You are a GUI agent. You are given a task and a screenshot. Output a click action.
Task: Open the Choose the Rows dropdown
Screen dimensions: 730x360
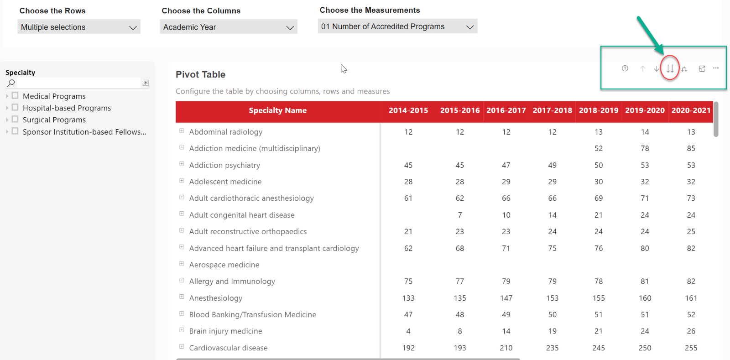tap(79, 27)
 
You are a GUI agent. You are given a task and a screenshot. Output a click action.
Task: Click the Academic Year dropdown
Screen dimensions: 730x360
tap(229, 27)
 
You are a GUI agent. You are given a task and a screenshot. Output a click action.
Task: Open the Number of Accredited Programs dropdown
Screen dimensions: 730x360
tap(397, 26)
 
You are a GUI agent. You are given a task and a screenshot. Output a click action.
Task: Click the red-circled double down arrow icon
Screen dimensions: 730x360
tap(670, 68)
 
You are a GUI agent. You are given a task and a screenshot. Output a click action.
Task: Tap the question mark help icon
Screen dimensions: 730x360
tap(625, 68)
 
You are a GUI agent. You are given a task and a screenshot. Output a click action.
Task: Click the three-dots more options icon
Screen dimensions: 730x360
tap(716, 68)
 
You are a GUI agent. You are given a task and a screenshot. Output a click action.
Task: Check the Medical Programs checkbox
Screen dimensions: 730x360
tap(15, 96)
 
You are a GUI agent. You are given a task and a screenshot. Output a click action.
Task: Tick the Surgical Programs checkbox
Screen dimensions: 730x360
tap(15, 119)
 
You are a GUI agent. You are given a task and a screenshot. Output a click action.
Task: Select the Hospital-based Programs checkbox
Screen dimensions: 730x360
tap(15, 108)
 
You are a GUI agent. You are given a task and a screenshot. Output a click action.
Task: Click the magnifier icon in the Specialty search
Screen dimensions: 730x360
tap(11, 83)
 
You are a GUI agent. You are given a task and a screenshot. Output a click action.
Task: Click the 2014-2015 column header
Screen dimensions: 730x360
tap(408, 110)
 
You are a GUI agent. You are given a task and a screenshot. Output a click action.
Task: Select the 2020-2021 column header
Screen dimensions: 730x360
tap(691, 110)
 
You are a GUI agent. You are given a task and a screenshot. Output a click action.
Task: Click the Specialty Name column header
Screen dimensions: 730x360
tap(278, 110)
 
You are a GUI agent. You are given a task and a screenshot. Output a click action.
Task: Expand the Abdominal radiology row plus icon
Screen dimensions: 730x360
tap(182, 131)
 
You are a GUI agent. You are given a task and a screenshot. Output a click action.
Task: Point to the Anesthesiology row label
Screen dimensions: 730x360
tap(216, 298)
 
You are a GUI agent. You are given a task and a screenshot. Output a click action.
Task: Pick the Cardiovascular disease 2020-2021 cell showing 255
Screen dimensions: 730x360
tap(691, 348)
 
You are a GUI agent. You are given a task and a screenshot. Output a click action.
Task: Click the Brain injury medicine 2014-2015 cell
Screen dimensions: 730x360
tap(408, 331)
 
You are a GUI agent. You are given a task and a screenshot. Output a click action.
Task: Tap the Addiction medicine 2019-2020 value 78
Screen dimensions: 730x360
tap(645, 148)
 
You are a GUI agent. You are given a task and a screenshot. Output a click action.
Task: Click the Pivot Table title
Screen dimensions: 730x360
tap(200, 74)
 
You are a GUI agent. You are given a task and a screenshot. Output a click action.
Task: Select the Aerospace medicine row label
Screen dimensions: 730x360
tap(224, 265)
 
